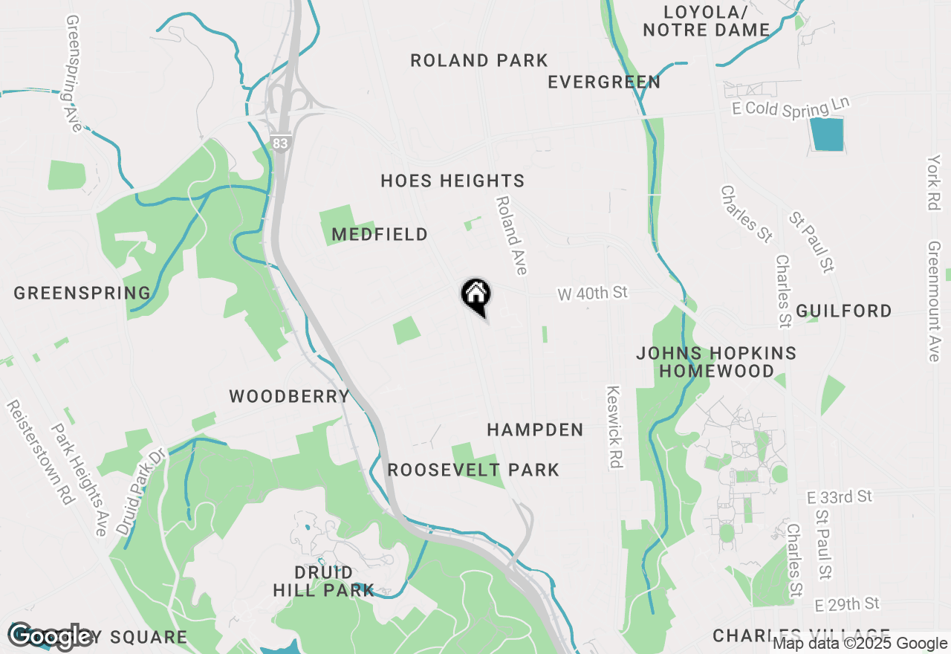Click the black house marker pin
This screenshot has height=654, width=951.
[475, 295]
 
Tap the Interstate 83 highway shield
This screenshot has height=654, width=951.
[279, 143]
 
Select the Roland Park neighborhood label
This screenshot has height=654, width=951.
[479, 61]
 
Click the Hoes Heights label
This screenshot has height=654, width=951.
[452, 181]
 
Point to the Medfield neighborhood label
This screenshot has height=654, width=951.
[380, 235]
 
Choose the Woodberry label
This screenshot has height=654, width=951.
[289, 397]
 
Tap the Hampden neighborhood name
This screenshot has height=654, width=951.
[535, 430]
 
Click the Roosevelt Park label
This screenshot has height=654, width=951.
[473, 470]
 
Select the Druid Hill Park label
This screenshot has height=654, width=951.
[323, 582]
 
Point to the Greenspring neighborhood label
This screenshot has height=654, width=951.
[82, 294]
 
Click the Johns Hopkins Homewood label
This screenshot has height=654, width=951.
[716, 362]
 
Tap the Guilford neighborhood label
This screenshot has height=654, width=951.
[844, 311]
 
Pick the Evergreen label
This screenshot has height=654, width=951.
[604, 82]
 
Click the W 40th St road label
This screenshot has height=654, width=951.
[593, 294]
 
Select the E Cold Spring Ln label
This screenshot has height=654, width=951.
[790, 107]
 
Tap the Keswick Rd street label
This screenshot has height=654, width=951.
[614, 427]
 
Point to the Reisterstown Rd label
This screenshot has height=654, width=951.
[42, 453]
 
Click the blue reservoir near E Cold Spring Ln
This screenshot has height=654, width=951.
[827, 135]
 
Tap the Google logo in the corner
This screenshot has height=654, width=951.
[51, 635]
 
